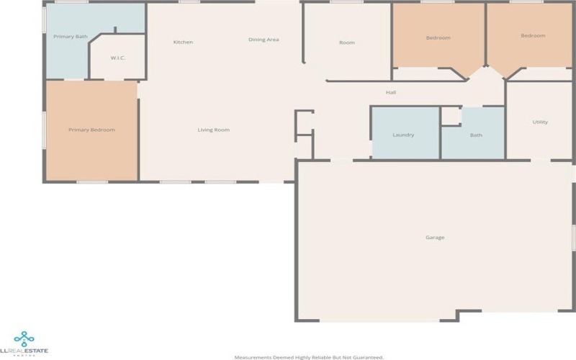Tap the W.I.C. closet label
(118, 58)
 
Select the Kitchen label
(183, 42)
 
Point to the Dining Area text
(264, 40)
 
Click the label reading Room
(347, 42)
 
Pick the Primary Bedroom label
(91, 130)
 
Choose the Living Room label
(214, 130)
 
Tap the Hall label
(391, 92)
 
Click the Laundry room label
(403, 135)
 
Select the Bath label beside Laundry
(476, 135)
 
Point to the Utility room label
(540, 122)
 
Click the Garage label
(435, 237)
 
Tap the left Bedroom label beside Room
(438, 37)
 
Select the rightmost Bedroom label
(533, 35)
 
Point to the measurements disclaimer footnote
(309, 356)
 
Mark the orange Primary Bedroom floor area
(91, 155)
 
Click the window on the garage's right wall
(574, 238)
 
